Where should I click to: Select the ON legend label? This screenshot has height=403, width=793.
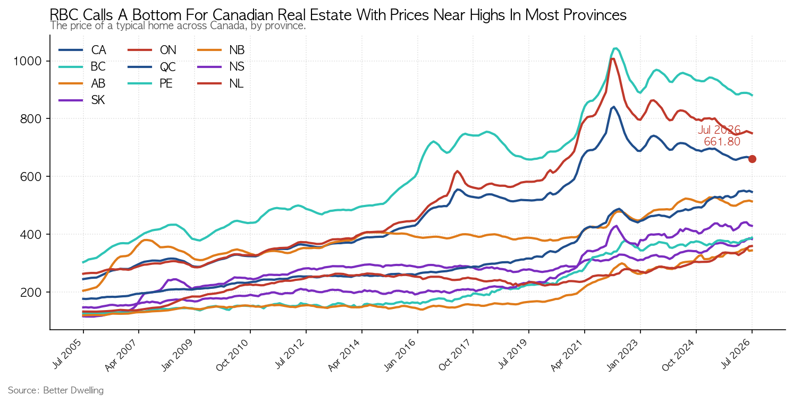(x=168, y=50)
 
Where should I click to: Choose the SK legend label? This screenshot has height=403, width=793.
(x=98, y=100)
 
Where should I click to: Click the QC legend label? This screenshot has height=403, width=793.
(x=168, y=67)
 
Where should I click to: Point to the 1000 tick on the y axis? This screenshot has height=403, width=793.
(x=27, y=61)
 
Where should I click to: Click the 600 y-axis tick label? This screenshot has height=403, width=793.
(x=31, y=176)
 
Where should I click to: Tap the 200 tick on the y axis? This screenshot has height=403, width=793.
(x=31, y=293)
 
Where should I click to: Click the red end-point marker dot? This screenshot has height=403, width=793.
(x=752, y=159)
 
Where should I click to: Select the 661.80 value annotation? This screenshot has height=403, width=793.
(x=722, y=142)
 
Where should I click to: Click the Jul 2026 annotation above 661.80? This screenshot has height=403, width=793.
(x=719, y=130)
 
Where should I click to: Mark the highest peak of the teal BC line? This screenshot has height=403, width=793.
(x=616, y=48)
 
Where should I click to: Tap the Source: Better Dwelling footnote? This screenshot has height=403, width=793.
(x=56, y=390)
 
